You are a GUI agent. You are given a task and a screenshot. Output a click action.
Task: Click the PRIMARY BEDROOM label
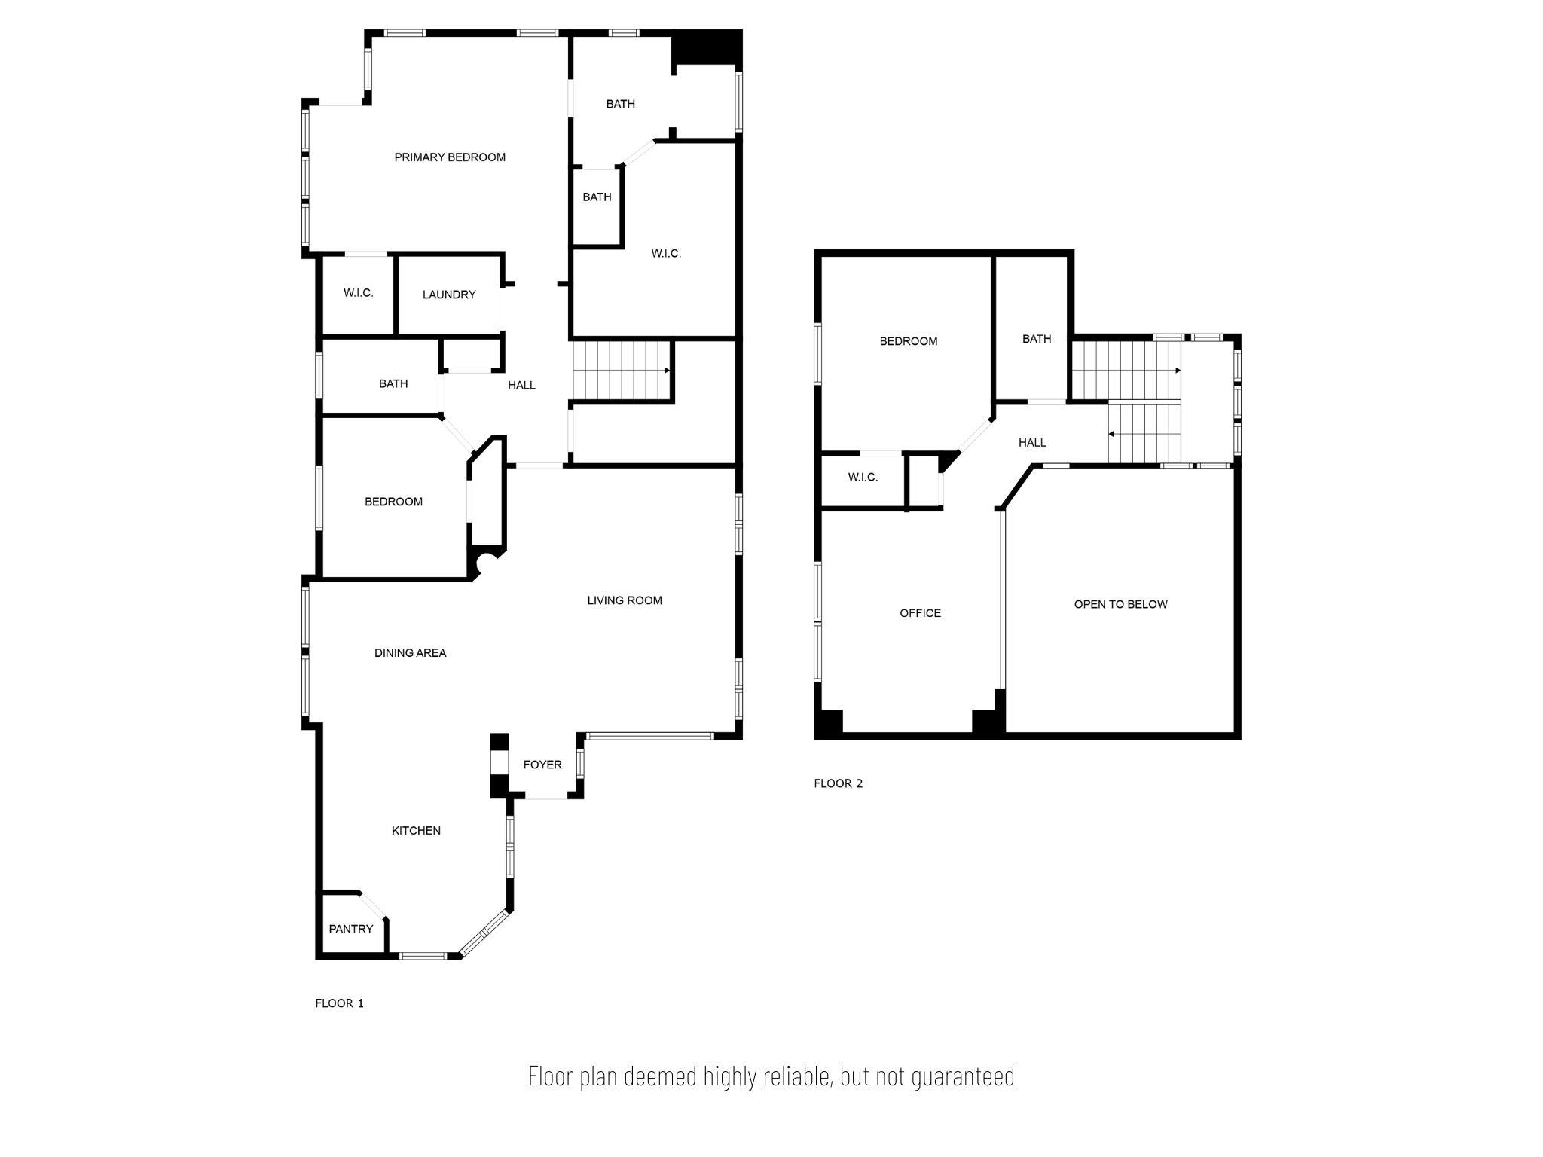click(x=450, y=157)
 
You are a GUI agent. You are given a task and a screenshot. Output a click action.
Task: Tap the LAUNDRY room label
click(x=449, y=295)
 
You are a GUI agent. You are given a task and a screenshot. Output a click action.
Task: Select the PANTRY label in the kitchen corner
click(x=351, y=929)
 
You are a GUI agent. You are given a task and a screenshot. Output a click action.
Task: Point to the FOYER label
click(x=542, y=765)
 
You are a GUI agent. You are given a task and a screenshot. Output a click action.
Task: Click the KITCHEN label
click(x=416, y=830)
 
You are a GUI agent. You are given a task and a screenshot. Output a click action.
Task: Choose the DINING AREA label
click(x=410, y=653)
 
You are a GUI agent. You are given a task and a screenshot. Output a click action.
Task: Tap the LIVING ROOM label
click(x=625, y=600)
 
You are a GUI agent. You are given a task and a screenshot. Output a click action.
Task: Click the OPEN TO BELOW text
click(x=1120, y=604)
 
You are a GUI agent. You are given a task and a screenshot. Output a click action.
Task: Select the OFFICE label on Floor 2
click(x=920, y=613)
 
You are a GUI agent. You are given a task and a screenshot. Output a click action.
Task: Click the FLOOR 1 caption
click(x=339, y=1003)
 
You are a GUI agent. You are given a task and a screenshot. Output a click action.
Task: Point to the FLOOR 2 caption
click(x=838, y=783)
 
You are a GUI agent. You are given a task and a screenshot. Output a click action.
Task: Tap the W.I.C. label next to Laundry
click(x=359, y=293)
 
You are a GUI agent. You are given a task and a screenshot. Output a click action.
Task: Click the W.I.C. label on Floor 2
click(x=863, y=478)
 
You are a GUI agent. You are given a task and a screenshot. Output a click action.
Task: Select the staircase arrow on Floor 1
click(x=666, y=371)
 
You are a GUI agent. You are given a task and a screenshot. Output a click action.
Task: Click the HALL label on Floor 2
click(x=1032, y=443)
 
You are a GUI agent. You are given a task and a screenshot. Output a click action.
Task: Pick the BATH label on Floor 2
click(x=1037, y=339)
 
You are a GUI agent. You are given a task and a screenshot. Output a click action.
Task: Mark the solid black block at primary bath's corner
click(x=707, y=47)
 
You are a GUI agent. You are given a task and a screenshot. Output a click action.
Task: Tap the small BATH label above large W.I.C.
click(x=597, y=197)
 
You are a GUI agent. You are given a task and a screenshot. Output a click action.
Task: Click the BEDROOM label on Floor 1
click(x=393, y=502)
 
